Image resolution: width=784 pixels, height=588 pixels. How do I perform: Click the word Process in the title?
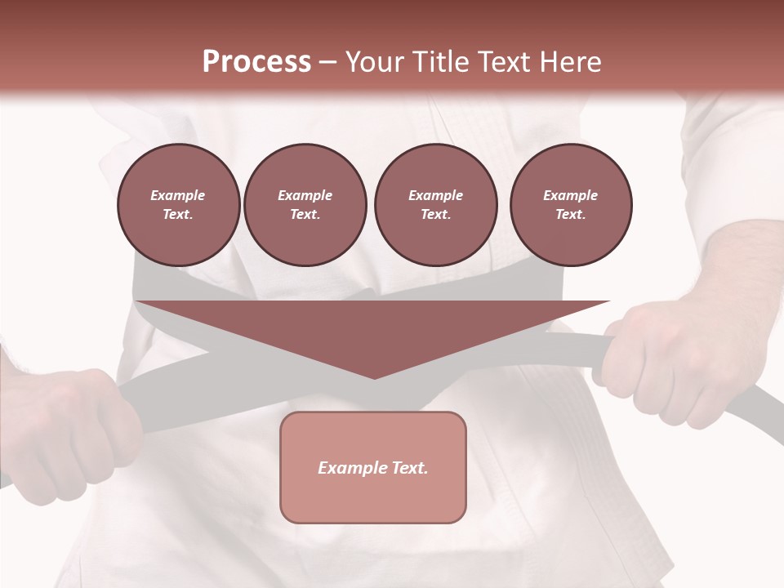pos(256,61)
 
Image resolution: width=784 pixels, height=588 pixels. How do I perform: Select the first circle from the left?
pos(178,204)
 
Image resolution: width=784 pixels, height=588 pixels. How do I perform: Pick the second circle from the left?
pos(305,204)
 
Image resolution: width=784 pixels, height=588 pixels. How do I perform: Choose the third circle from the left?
pos(435,204)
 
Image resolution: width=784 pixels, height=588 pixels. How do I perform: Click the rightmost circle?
pos(571,204)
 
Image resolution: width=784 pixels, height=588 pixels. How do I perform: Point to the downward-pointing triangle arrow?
pos(373,331)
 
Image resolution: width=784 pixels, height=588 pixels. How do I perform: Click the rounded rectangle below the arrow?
pos(373,498)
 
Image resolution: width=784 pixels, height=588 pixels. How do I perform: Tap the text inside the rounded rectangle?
pos(373,468)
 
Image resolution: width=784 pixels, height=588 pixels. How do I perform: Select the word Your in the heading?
pos(370,61)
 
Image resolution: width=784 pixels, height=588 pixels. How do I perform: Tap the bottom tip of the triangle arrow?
pos(374,376)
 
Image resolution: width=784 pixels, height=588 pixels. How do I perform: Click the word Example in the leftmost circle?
pos(178,195)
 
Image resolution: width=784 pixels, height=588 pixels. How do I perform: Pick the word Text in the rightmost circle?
pos(571,214)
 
